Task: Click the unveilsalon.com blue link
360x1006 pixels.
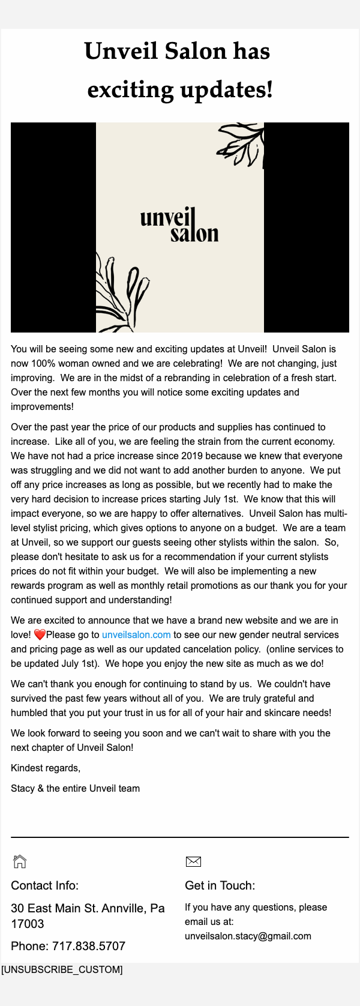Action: pyautogui.click(x=136, y=635)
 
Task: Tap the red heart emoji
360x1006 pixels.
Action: pyautogui.click(x=40, y=635)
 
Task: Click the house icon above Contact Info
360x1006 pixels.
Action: pyautogui.click(x=20, y=861)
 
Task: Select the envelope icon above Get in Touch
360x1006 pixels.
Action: pyautogui.click(x=193, y=862)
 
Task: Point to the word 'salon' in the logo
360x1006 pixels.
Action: pyautogui.click(x=194, y=233)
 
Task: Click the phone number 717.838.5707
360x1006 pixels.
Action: pyautogui.click(x=89, y=947)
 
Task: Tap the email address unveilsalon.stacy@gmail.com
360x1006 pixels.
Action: pyautogui.click(x=248, y=936)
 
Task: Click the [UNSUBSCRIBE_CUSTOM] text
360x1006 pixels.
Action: pyautogui.click(x=62, y=970)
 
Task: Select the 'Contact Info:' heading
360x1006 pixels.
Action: pyautogui.click(x=44, y=886)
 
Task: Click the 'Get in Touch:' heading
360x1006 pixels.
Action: pyautogui.click(x=220, y=886)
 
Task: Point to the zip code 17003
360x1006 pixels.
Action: pyautogui.click(x=28, y=924)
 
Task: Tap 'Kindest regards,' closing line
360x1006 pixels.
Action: pyautogui.click(x=46, y=768)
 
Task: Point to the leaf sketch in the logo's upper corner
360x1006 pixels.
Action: pyautogui.click(x=242, y=144)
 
